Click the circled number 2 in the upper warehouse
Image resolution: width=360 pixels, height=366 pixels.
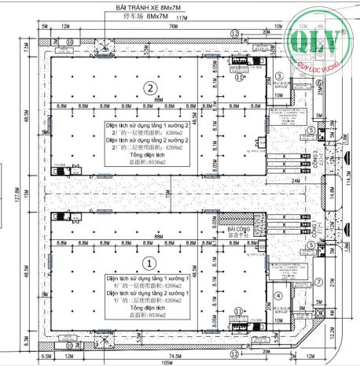point(148,87)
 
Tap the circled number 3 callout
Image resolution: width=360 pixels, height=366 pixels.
point(278,76)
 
